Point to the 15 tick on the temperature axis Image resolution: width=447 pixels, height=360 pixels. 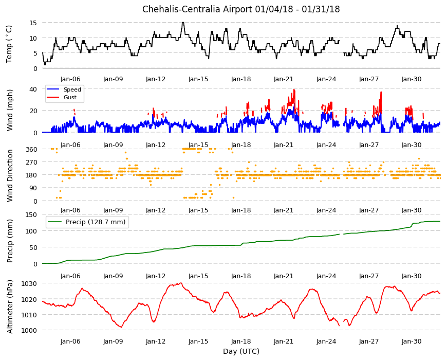(33, 23)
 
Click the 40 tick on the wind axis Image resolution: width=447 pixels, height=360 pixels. (33, 89)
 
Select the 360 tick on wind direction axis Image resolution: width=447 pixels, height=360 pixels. (32, 149)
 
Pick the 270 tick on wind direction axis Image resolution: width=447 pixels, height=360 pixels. (32, 163)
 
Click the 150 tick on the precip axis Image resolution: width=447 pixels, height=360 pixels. (32, 214)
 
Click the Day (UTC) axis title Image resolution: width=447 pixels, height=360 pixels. (241, 351)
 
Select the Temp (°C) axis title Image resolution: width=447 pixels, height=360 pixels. (9, 44)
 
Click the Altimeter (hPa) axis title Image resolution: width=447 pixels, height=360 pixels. (10, 307)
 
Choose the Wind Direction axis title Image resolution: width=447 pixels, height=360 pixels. (10, 175)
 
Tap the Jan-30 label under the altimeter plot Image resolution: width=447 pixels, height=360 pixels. (412, 341)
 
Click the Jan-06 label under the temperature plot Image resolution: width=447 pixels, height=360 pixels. (70, 79)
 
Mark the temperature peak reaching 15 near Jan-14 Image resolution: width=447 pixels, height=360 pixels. (183, 23)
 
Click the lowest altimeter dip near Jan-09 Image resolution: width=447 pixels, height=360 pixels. (122, 327)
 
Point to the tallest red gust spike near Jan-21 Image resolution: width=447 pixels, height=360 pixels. (294, 90)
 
